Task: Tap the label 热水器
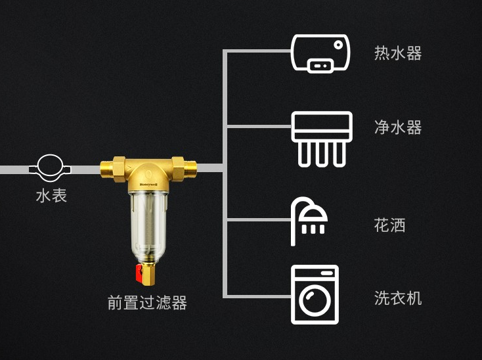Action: pos(398,53)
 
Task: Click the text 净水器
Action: pos(398,127)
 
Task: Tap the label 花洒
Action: pos(390,225)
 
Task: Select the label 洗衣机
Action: pos(398,298)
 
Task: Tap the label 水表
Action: pos(51,196)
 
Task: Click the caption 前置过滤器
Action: pos(147,302)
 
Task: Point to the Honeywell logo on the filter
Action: pos(148,185)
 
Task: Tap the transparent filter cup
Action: pos(148,226)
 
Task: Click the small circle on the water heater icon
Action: pos(338,45)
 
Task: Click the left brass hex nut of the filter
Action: pos(119,169)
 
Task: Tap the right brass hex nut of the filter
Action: pos(178,169)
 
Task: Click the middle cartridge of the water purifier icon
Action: pos(322,154)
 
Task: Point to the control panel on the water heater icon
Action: pos(320,66)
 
